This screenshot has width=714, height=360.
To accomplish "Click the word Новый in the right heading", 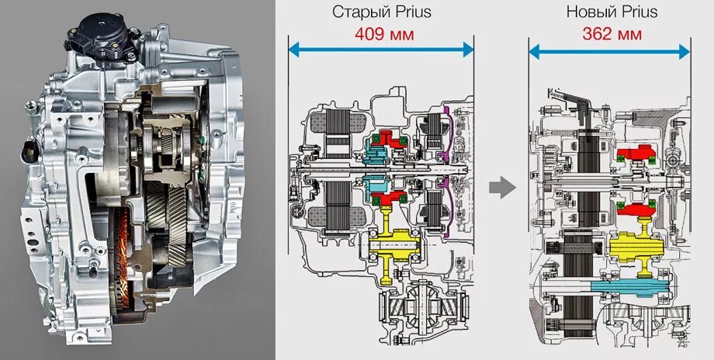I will click(588, 12).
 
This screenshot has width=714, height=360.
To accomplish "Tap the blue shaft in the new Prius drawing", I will click(621, 292).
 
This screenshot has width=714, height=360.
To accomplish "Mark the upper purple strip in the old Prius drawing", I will click(445, 124).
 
